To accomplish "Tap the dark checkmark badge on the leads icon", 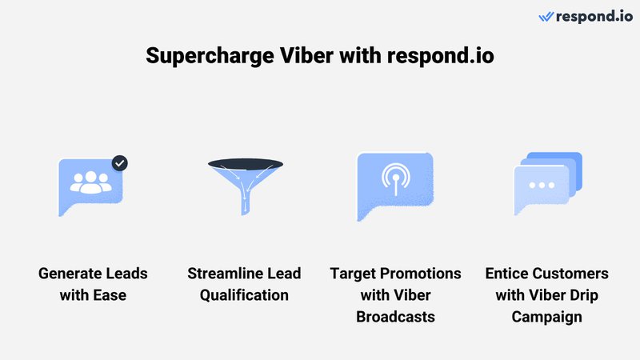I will coord(119,163).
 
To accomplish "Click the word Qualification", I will coord(243,295).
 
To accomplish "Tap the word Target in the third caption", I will coord(354,274).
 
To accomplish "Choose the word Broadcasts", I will coord(397,317).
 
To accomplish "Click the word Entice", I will coord(509,274).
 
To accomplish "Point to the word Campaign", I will coord(547,317).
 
